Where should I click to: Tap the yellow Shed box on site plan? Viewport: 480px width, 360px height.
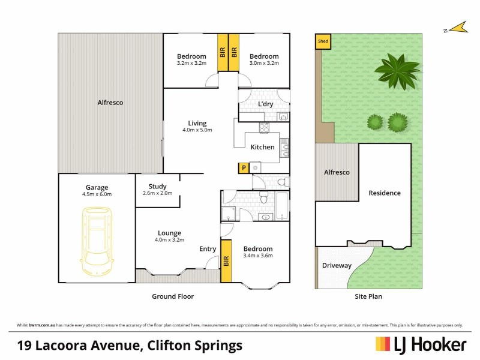click(x=322, y=41)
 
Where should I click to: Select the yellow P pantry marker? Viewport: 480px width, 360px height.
click(x=244, y=168)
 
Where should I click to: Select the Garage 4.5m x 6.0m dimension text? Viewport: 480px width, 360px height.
click(x=97, y=194)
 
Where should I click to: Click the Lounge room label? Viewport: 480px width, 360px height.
click(x=169, y=233)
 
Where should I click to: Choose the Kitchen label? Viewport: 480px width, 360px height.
click(x=262, y=147)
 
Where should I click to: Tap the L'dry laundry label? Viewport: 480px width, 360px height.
click(x=266, y=104)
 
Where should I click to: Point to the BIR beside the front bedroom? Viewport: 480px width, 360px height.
click(x=226, y=261)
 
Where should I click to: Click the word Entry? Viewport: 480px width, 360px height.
click(x=208, y=249)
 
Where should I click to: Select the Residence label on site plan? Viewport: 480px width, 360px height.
click(x=385, y=193)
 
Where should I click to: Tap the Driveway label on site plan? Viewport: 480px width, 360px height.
click(x=337, y=265)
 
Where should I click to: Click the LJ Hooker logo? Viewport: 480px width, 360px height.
click(x=421, y=344)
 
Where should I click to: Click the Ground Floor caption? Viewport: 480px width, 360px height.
click(x=173, y=296)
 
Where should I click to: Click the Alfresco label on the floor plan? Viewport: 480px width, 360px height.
click(x=110, y=103)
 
